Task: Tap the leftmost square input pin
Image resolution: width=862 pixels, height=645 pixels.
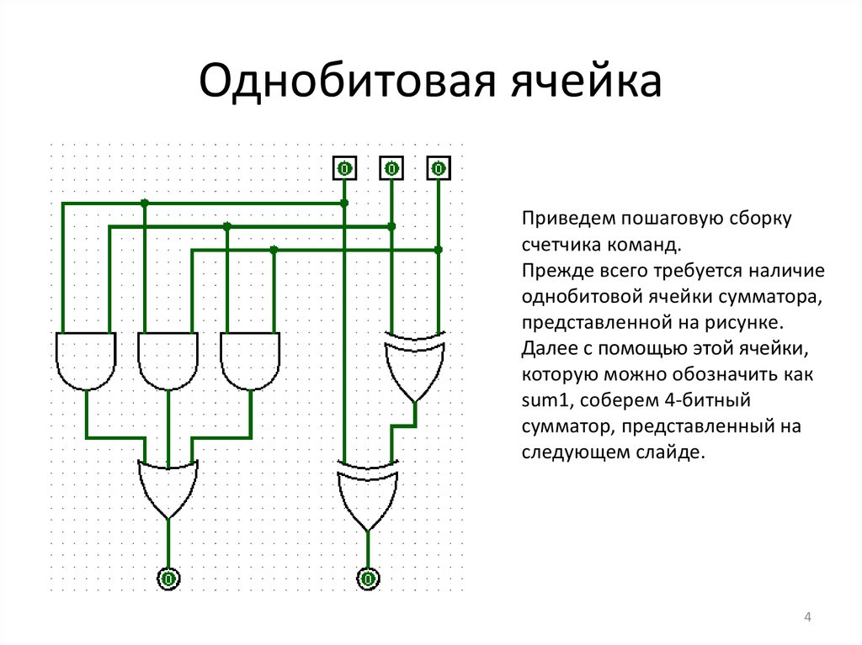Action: coord(343,169)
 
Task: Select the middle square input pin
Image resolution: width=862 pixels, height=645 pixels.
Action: coord(391,169)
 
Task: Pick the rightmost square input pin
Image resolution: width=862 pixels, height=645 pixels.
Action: coord(438,169)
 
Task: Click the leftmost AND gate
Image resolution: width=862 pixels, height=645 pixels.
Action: coord(86,360)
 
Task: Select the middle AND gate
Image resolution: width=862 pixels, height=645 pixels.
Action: coord(168,360)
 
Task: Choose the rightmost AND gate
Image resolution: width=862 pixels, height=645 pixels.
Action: coord(251,360)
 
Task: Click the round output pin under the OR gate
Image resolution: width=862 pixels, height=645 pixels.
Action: coord(168,579)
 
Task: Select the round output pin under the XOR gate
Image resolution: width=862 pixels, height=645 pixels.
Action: coord(367,579)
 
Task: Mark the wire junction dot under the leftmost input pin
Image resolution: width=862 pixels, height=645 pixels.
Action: coord(343,203)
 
